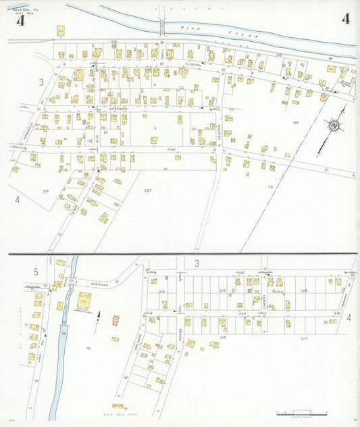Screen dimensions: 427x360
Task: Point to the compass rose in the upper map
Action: (x=333, y=126)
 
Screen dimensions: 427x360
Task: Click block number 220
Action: (x=148, y=191)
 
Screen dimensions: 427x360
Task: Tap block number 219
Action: (x=45, y=191)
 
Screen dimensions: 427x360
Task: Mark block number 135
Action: (x=296, y=122)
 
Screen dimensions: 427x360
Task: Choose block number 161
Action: (x=88, y=348)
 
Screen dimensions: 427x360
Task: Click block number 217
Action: (x=304, y=337)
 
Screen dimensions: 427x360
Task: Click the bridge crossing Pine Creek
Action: (x=163, y=27)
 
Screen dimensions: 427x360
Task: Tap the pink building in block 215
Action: (x=249, y=291)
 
